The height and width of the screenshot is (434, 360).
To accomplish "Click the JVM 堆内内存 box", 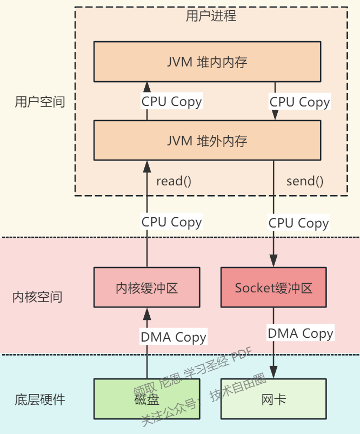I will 207,62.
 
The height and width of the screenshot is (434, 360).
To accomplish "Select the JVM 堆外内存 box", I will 207,141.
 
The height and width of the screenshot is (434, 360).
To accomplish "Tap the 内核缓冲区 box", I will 146,288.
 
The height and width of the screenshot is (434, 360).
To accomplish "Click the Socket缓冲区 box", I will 274,288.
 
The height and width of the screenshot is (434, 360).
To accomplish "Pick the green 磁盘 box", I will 146,399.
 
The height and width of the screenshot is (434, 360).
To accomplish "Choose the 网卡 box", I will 274,399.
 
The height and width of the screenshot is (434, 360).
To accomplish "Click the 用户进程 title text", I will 211,16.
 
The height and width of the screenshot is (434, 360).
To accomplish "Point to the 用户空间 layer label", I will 40,102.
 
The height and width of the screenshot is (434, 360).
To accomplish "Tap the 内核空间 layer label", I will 37,297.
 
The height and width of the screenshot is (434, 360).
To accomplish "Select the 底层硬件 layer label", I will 40,400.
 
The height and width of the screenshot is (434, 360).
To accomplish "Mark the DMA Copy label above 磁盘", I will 174,337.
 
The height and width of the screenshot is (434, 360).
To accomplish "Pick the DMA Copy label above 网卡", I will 301,333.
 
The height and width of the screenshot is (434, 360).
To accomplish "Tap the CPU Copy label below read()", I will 171,222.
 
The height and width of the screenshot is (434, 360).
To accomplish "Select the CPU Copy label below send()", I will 298,223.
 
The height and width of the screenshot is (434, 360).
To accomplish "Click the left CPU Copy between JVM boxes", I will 171,101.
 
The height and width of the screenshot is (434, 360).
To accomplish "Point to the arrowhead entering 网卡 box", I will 274,373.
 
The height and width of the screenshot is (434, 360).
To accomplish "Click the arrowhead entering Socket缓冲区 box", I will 274,262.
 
